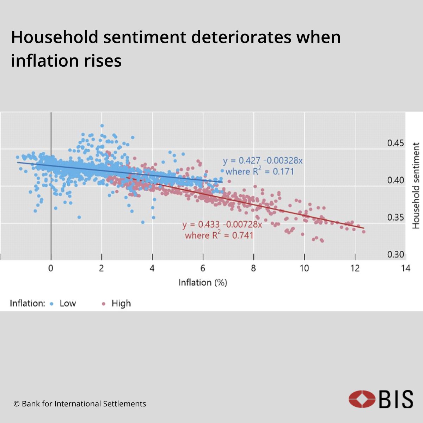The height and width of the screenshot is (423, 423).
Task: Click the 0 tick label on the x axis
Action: click(x=51, y=268)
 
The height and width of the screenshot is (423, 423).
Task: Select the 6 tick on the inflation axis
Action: click(x=203, y=268)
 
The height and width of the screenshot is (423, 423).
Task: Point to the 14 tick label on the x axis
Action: click(x=405, y=268)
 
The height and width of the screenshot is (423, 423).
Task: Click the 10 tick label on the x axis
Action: click(x=304, y=268)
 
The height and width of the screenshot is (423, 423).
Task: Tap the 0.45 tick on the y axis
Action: click(x=396, y=143)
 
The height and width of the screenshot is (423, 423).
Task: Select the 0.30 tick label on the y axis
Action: click(x=396, y=255)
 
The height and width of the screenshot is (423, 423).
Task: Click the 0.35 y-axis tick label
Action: click(x=396, y=217)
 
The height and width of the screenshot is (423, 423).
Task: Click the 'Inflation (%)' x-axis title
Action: click(x=203, y=283)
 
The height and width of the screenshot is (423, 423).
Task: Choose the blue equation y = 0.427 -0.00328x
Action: click(x=263, y=161)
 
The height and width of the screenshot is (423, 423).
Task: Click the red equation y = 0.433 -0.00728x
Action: click(x=222, y=225)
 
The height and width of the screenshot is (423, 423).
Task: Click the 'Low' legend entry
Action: click(x=67, y=304)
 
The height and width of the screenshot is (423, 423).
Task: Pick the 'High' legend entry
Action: click(x=121, y=304)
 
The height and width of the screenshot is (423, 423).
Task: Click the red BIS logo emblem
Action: click(x=362, y=399)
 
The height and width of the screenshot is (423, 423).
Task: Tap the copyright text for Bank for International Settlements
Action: click(x=80, y=404)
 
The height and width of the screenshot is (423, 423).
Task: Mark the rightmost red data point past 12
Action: click(x=363, y=232)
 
